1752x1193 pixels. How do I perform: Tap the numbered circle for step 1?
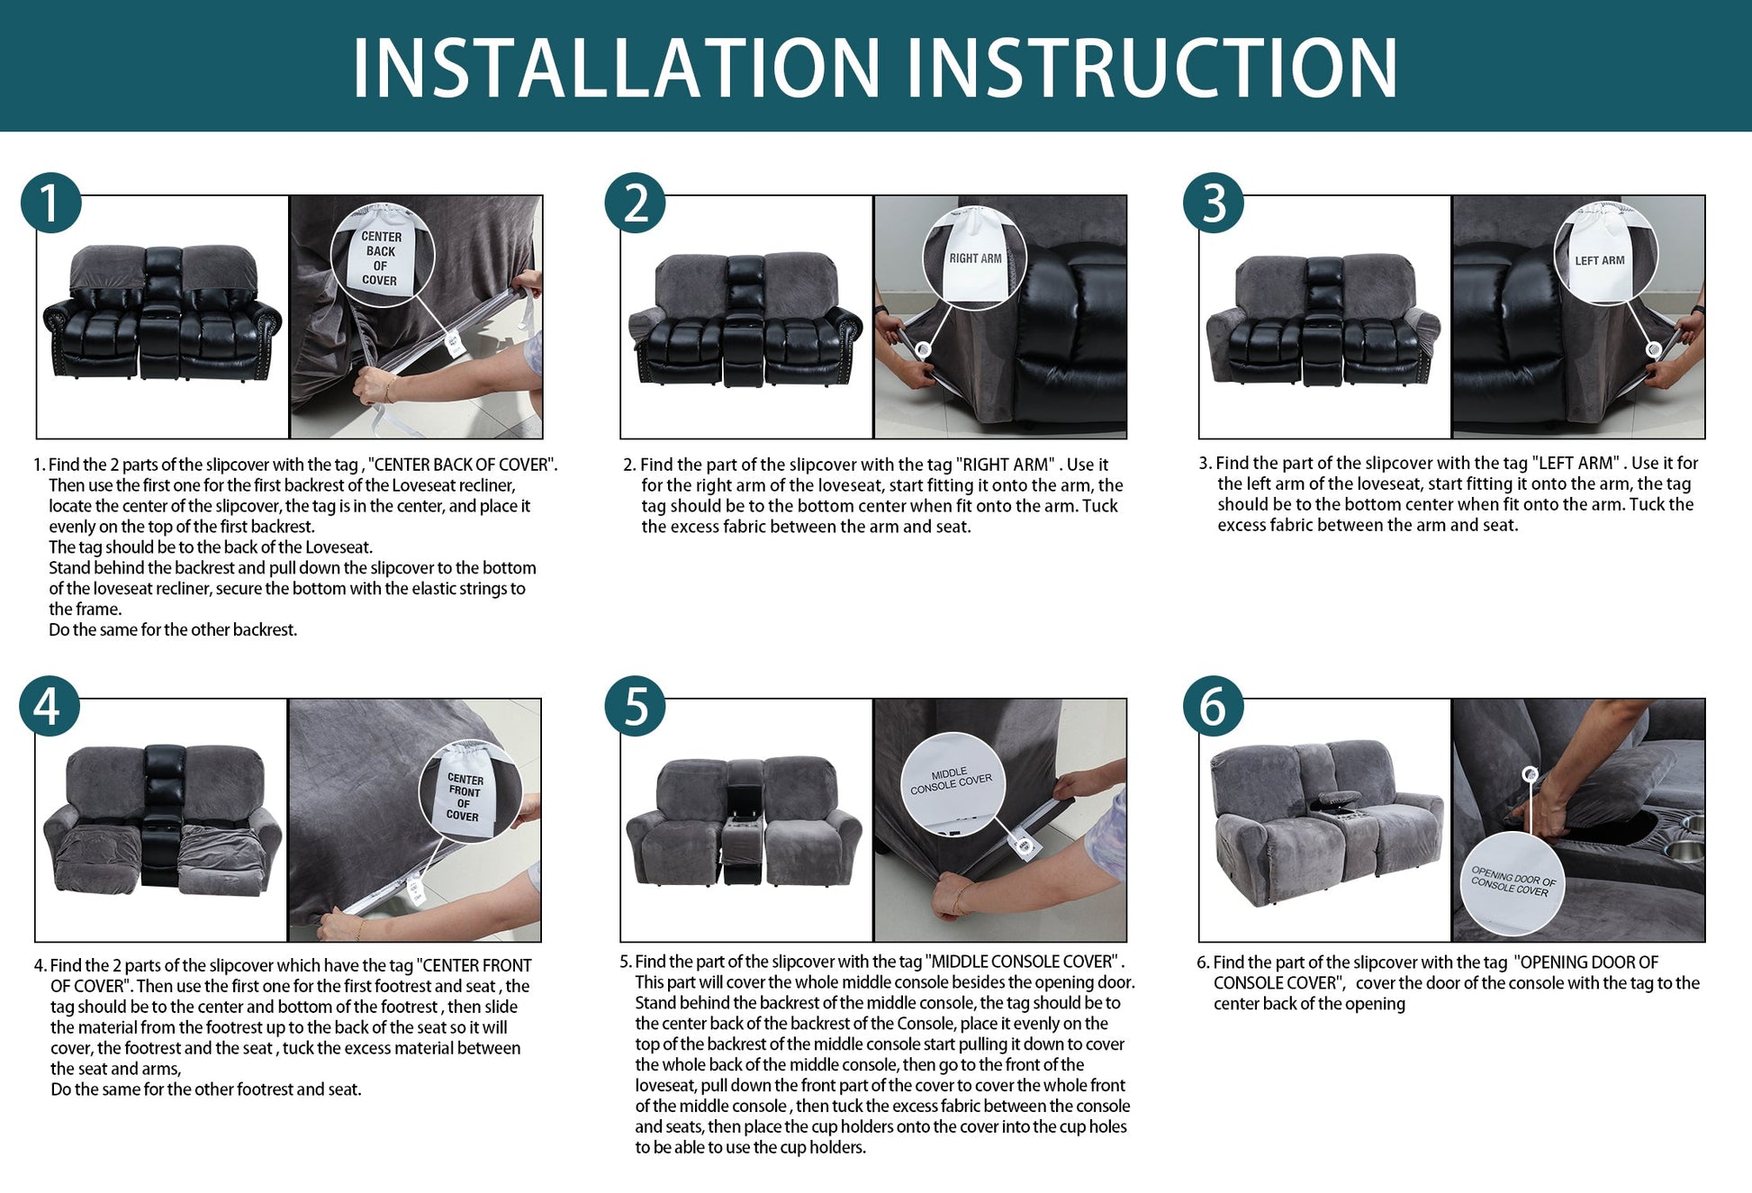[x=51, y=203]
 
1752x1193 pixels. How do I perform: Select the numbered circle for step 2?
[x=635, y=203]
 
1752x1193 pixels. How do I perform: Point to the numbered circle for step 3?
[x=1214, y=203]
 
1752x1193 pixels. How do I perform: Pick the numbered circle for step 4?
[x=50, y=706]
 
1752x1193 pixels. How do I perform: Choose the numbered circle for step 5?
[x=635, y=706]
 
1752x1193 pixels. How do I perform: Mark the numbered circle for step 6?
[x=1214, y=706]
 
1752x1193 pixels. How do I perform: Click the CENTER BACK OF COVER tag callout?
[x=383, y=256]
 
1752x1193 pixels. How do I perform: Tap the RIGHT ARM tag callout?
[x=975, y=258]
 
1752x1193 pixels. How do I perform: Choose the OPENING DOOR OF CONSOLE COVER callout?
[x=1513, y=884]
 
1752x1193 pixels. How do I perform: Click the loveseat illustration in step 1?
[x=162, y=312]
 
